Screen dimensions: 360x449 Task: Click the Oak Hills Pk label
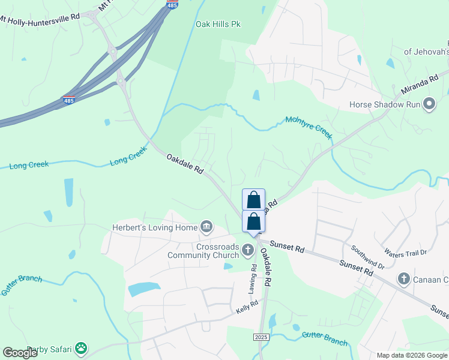[218, 24]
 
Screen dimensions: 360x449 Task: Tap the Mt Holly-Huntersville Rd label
[40, 18]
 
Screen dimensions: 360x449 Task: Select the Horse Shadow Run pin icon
[429, 104]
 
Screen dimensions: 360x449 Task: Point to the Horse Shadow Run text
[384, 105]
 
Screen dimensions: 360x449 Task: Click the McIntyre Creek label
[309, 127]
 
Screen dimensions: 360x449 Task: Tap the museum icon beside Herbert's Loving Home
[206, 227]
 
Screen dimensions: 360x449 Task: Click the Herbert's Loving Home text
[155, 227]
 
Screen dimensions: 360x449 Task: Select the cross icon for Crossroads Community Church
[248, 248]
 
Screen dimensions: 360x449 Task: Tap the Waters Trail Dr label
[407, 253]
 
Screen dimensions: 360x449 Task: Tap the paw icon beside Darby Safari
[80, 348]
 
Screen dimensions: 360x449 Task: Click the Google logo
[20, 353]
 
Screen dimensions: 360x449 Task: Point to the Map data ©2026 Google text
[412, 355]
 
